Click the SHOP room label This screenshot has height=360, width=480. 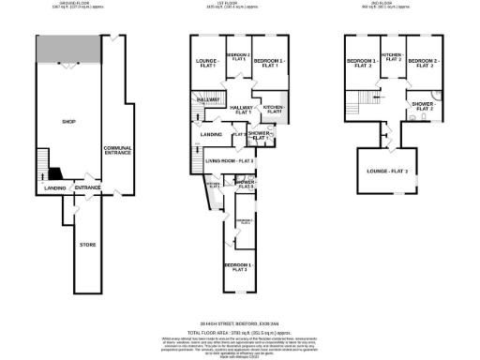point(67,122)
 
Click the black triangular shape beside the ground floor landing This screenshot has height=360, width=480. point(55,173)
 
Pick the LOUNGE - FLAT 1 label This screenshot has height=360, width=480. point(206,64)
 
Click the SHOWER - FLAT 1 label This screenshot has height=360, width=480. point(260,135)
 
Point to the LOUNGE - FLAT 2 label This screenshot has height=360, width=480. point(387,172)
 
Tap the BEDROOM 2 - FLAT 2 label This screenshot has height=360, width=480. point(421,64)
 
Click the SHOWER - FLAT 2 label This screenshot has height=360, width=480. point(419,107)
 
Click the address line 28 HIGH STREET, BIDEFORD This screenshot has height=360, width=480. point(240,322)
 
